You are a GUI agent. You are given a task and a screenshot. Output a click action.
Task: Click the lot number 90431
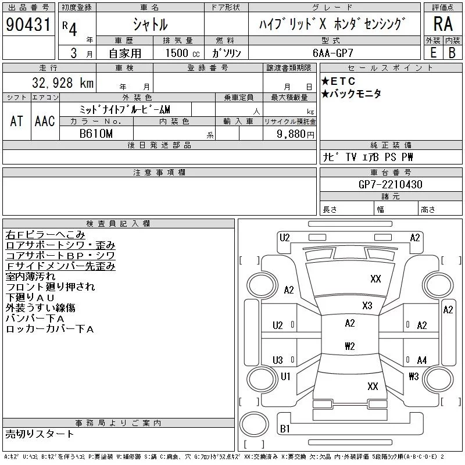[x=28, y=24]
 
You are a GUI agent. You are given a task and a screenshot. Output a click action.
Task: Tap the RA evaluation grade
[x=443, y=24]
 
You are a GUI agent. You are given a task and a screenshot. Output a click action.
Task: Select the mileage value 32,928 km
[x=63, y=83]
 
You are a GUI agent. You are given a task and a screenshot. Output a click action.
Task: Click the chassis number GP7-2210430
[x=390, y=184]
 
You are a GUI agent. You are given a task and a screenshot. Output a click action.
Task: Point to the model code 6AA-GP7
[x=332, y=53]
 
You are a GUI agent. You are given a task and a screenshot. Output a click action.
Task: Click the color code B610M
[x=96, y=134]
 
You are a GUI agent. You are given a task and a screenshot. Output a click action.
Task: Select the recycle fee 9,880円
[x=295, y=134]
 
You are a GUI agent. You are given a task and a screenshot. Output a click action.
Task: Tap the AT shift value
[x=16, y=121]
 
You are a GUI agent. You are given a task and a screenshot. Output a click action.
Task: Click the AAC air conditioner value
[x=45, y=121]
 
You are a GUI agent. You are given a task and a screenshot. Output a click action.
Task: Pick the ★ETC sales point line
[x=338, y=81]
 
